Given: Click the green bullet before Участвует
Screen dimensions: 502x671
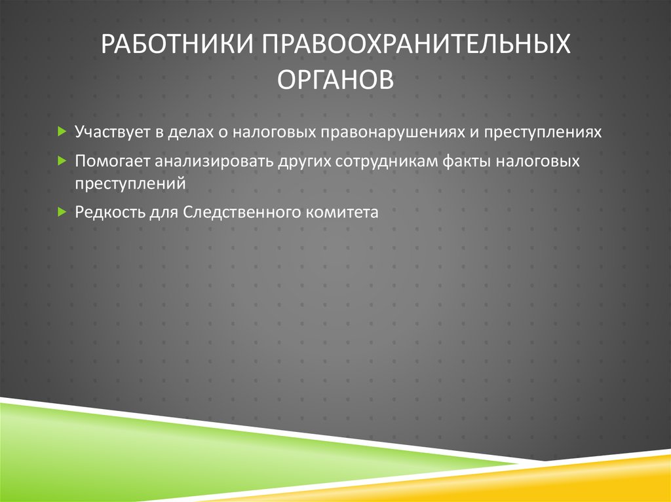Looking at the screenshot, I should [x=61, y=132].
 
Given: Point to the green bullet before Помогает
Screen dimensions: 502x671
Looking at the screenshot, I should [x=61, y=160].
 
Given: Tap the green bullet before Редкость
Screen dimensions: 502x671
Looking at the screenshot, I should [x=61, y=211].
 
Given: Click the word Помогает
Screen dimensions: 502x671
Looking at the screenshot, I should [x=109, y=161].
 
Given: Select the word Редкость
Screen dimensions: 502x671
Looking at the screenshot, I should [x=106, y=212].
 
